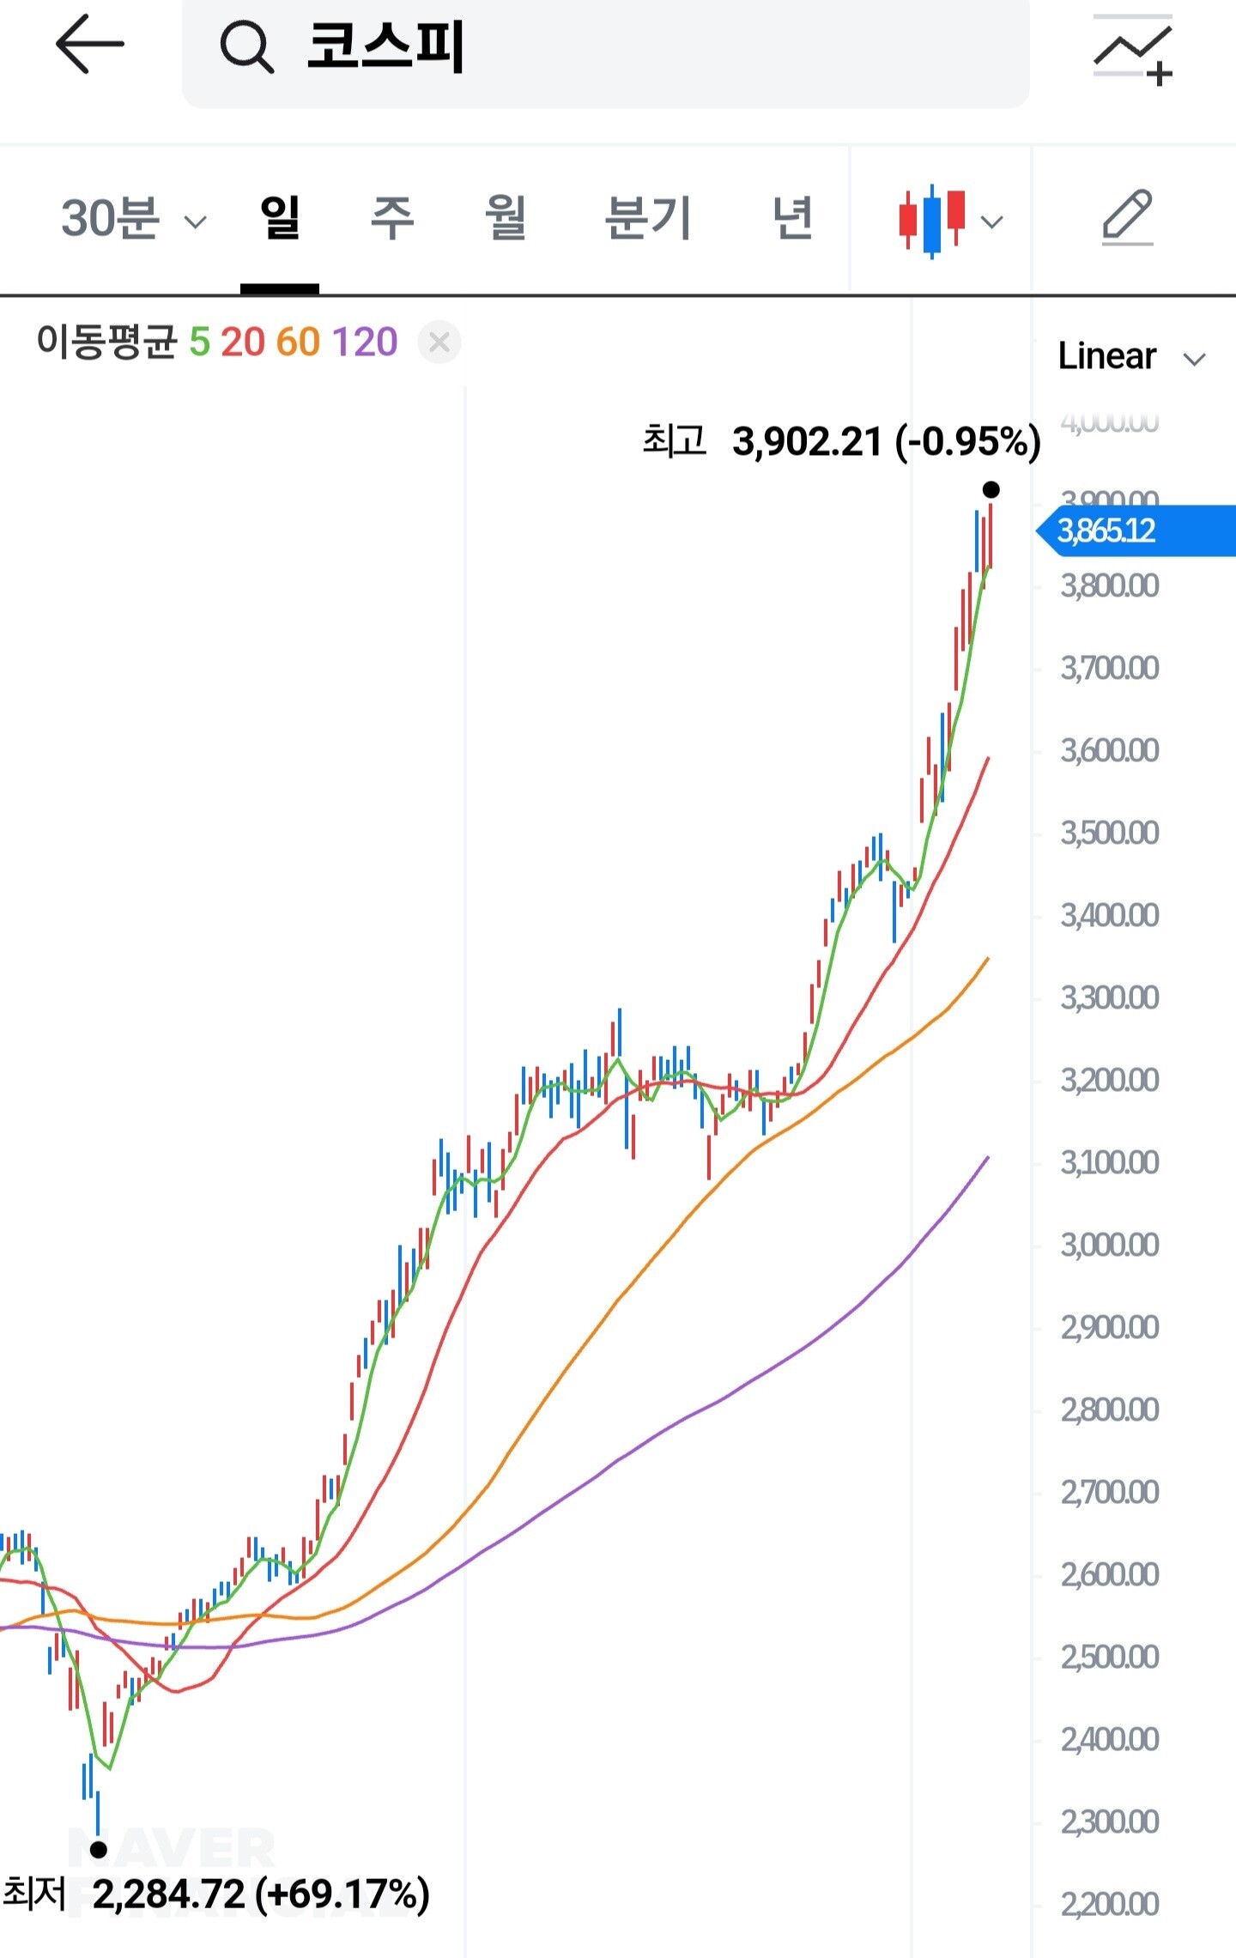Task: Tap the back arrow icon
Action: (89, 45)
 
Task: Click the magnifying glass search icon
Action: (246, 46)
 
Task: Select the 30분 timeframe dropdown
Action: (133, 219)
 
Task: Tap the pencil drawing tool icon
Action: (1127, 217)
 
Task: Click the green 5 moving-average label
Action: (199, 342)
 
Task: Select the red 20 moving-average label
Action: (243, 342)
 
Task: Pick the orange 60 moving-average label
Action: (298, 342)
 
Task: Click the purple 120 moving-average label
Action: (365, 342)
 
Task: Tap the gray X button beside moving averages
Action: (439, 342)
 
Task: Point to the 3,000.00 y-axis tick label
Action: (1109, 1245)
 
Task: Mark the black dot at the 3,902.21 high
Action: (991, 490)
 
